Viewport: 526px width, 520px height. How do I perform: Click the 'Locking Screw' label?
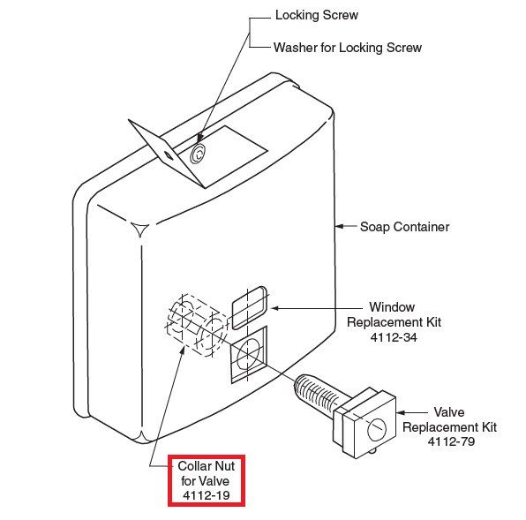317,15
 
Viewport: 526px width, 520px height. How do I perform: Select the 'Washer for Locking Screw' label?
348,48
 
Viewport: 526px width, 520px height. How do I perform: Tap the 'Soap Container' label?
404,227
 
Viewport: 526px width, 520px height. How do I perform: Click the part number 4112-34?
394,337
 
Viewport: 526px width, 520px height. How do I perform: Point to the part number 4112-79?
451,441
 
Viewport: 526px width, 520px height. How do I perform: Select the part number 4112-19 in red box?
207,495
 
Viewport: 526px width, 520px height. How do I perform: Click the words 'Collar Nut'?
207,466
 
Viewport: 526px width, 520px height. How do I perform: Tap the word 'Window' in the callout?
392,307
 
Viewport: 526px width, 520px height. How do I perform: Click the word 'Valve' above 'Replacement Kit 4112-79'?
449,412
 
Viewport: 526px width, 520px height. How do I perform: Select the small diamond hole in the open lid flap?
168,155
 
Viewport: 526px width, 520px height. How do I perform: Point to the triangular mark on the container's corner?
139,229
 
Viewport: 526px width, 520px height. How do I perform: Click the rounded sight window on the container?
249,307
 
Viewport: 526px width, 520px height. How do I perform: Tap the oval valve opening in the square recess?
249,355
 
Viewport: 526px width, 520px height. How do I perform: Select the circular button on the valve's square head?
377,429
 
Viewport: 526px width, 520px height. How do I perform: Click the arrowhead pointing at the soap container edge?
340,226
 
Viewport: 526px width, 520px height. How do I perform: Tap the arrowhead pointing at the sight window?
275,308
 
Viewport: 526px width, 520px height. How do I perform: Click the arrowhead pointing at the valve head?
401,412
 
